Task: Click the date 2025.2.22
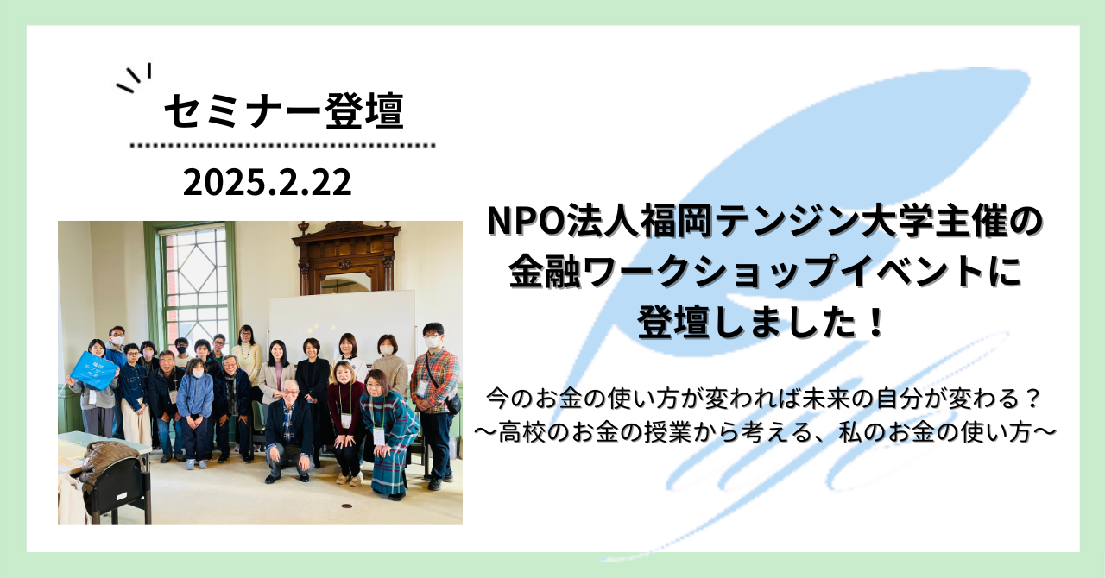click(267, 183)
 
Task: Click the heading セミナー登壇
click(284, 110)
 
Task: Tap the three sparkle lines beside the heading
click(134, 78)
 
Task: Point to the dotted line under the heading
click(282, 146)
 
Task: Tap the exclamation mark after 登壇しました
click(875, 323)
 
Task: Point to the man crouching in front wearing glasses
click(290, 429)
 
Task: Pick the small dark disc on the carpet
click(347, 506)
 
